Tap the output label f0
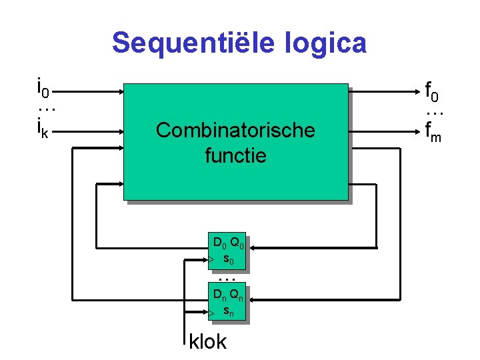point(433,89)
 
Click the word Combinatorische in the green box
point(235,130)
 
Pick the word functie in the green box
point(235,156)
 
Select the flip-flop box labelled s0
point(227,251)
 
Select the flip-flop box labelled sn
point(227,303)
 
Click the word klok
point(208,342)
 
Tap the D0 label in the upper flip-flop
point(219,241)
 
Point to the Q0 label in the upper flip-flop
point(237,241)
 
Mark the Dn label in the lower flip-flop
point(219,295)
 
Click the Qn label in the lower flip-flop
point(237,295)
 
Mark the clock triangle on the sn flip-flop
point(210,312)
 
